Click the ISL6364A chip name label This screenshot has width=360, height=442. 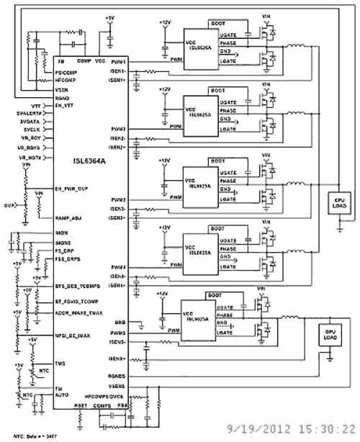pos(89,163)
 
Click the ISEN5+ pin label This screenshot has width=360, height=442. pos(119,358)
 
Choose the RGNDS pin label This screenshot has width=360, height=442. pos(119,376)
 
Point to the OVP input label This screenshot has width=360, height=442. pos(8,205)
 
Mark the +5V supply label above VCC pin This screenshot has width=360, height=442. pos(109,17)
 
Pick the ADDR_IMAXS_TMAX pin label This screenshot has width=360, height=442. pos(79,313)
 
